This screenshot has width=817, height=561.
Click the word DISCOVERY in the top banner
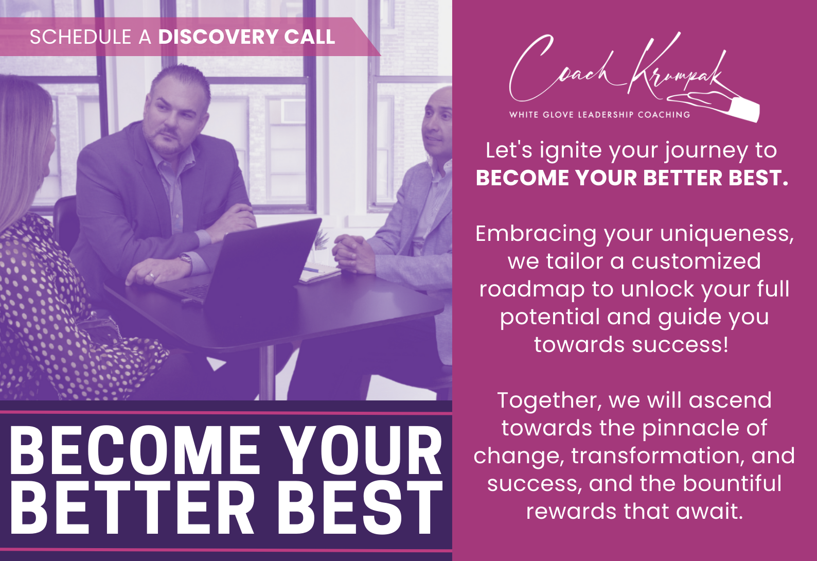coord(218,37)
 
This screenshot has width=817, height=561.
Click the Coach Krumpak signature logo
coord(616,69)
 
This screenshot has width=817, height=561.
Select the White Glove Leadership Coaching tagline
coord(599,115)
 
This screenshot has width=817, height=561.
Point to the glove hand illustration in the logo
coord(715,106)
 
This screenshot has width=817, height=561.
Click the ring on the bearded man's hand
coord(151,275)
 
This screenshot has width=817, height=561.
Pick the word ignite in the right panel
coord(571,151)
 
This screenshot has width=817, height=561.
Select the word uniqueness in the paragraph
coord(726,234)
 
